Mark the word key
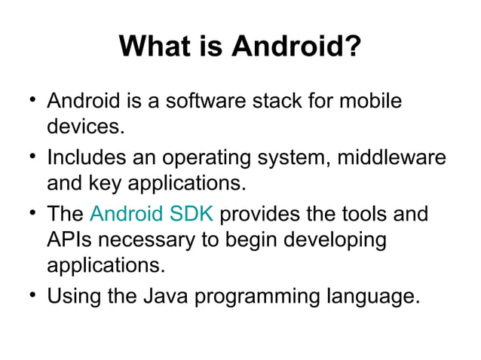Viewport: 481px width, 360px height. [x=111, y=184]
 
